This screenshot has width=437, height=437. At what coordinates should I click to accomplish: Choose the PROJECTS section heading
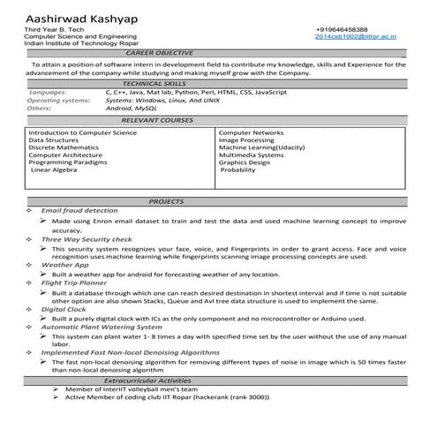(x=166, y=201)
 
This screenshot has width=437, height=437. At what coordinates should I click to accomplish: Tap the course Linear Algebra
(x=55, y=170)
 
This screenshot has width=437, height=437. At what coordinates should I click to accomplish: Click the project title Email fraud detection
(x=79, y=211)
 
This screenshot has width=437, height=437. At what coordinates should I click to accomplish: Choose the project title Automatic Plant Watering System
(x=102, y=327)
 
